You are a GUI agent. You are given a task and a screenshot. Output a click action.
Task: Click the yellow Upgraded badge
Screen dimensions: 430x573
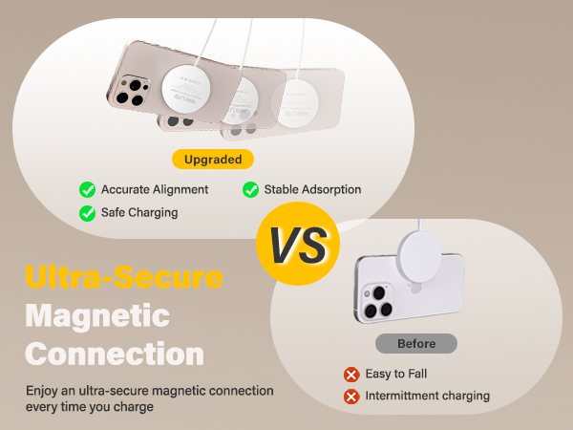pyautogui.click(x=213, y=159)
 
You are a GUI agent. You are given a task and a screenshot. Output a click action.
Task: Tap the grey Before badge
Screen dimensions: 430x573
pyautogui.click(x=415, y=343)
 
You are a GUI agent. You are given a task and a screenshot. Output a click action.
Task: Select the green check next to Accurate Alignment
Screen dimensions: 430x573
pyautogui.click(x=87, y=189)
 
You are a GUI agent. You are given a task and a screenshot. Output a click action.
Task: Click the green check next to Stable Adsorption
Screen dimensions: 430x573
pyautogui.click(x=250, y=189)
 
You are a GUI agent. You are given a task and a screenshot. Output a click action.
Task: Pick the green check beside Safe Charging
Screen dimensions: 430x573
pyautogui.click(x=87, y=212)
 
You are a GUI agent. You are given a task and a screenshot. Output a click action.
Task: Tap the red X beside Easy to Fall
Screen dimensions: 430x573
pyautogui.click(x=351, y=374)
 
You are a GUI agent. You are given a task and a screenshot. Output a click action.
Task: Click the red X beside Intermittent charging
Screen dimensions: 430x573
pyautogui.click(x=351, y=396)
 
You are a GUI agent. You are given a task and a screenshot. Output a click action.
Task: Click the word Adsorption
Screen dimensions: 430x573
pyautogui.click(x=330, y=189)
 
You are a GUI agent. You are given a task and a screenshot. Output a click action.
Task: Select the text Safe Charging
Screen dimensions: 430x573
pyautogui.click(x=139, y=212)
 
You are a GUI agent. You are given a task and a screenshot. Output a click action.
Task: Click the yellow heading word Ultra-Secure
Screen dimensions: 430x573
pyautogui.click(x=124, y=278)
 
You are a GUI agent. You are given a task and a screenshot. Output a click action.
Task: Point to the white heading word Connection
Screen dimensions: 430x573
pyautogui.click(x=115, y=354)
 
